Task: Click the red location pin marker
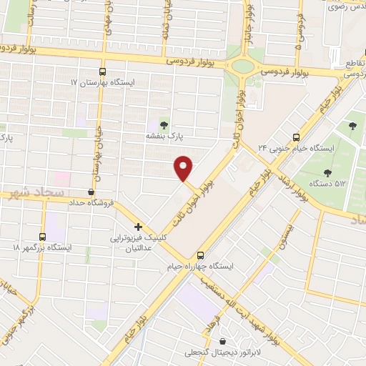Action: click(x=184, y=168)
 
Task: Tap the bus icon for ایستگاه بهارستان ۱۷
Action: click(x=102, y=71)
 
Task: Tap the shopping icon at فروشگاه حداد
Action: click(x=91, y=192)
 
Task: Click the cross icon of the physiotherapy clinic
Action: click(x=138, y=226)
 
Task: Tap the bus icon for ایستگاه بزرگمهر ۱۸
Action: click(x=42, y=237)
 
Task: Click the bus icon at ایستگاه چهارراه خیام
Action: click(x=201, y=254)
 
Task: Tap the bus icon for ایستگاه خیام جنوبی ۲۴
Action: click(x=296, y=137)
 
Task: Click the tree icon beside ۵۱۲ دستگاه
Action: click(x=327, y=172)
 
